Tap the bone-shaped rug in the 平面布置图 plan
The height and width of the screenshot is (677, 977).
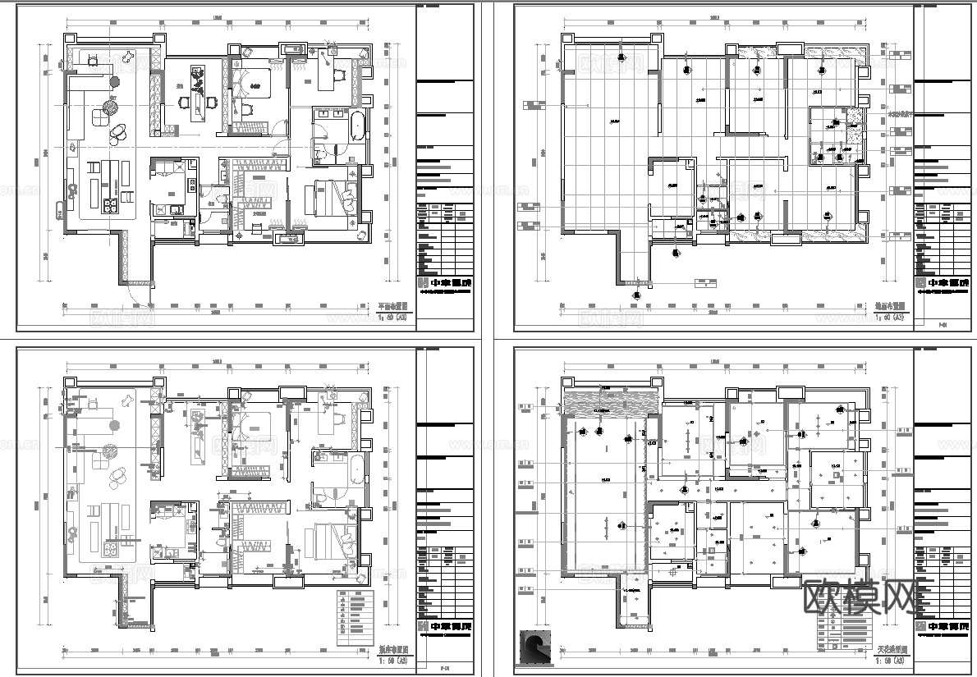tap(129, 57)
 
